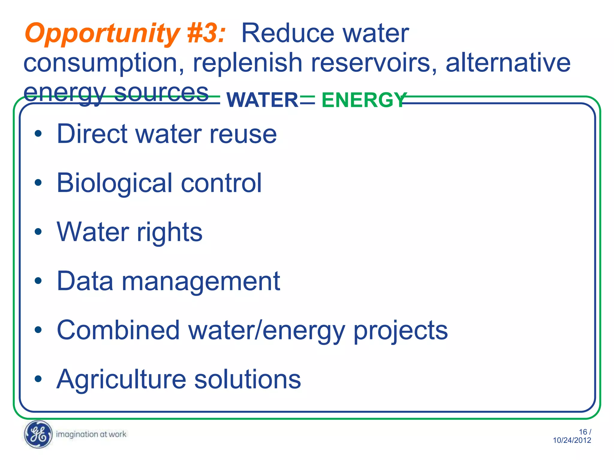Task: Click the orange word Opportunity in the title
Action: (102, 34)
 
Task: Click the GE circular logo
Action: (38, 434)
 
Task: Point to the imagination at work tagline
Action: (91, 434)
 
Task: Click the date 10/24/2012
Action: (572, 440)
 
